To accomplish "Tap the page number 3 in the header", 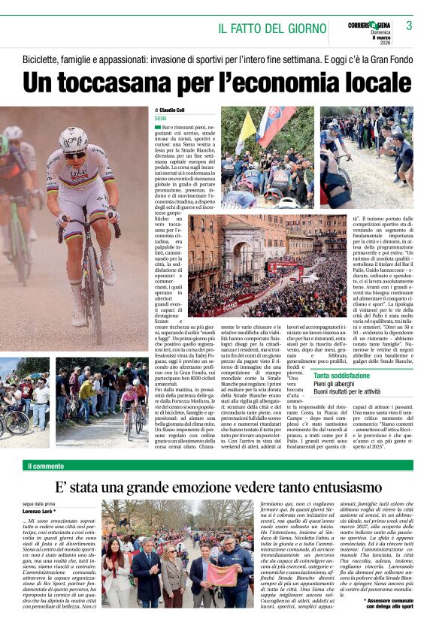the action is point(409,26).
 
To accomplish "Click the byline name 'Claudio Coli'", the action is point(171,110).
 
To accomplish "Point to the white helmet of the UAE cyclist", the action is point(74,138).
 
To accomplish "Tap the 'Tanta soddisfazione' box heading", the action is point(342,375).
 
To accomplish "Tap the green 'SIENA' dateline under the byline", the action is point(160,119).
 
